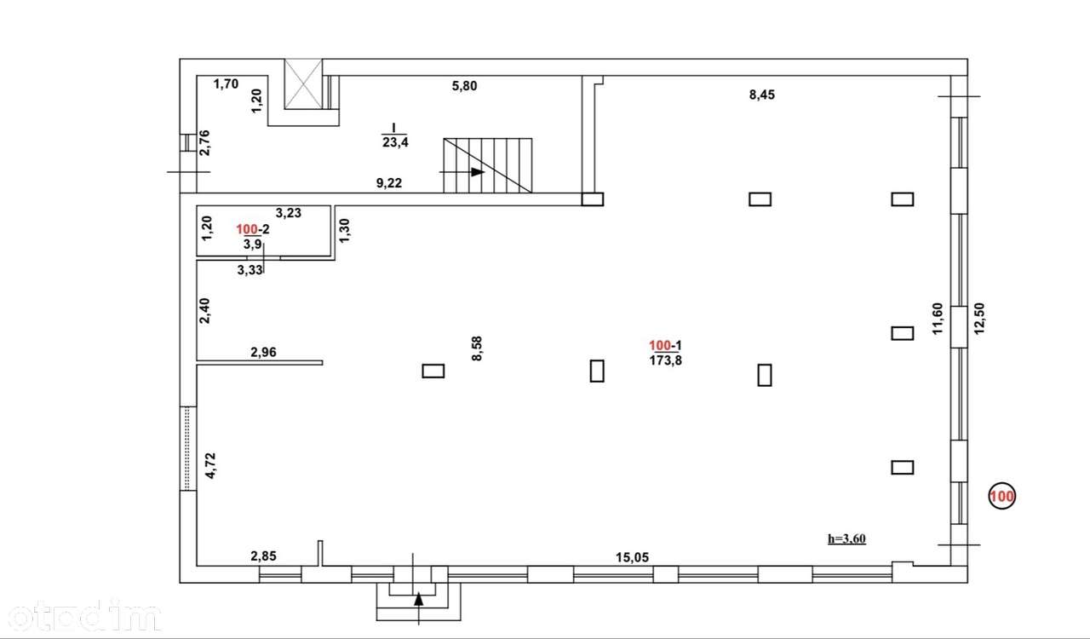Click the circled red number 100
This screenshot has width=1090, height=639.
pyautogui.click(x=1002, y=497)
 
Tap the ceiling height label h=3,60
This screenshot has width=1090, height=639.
pyautogui.click(x=846, y=538)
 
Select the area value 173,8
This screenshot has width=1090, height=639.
pyautogui.click(x=666, y=360)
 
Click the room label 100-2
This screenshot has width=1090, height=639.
pyautogui.click(x=253, y=229)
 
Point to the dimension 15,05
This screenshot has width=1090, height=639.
pyautogui.click(x=632, y=557)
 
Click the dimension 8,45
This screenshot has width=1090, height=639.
pyautogui.click(x=762, y=95)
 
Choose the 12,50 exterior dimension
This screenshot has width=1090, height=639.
pyautogui.click(x=979, y=319)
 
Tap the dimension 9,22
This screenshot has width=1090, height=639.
pyautogui.click(x=389, y=183)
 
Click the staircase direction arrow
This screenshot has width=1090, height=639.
pyautogui.click(x=462, y=172)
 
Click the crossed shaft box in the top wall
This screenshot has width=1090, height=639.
pyautogui.click(x=303, y=83)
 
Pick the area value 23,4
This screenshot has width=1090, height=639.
pyautogui.click(x=395, y=142)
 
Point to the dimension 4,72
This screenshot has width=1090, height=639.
pyautogui.click(x=210, y=465)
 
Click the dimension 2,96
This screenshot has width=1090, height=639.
pyautogui.click(x=263, y=352)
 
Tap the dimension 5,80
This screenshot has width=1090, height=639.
pyautogui.click(x=464, y=86)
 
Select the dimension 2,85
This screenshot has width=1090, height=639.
pyautogui.click(x=263, y=556)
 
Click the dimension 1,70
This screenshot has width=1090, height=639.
pyautogui.click(x=226, y=84)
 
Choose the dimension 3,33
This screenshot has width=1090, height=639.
pyautogui.click(x=250, y=270)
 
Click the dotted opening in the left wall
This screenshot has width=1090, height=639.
pyautogui.click(x=188, y=448)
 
